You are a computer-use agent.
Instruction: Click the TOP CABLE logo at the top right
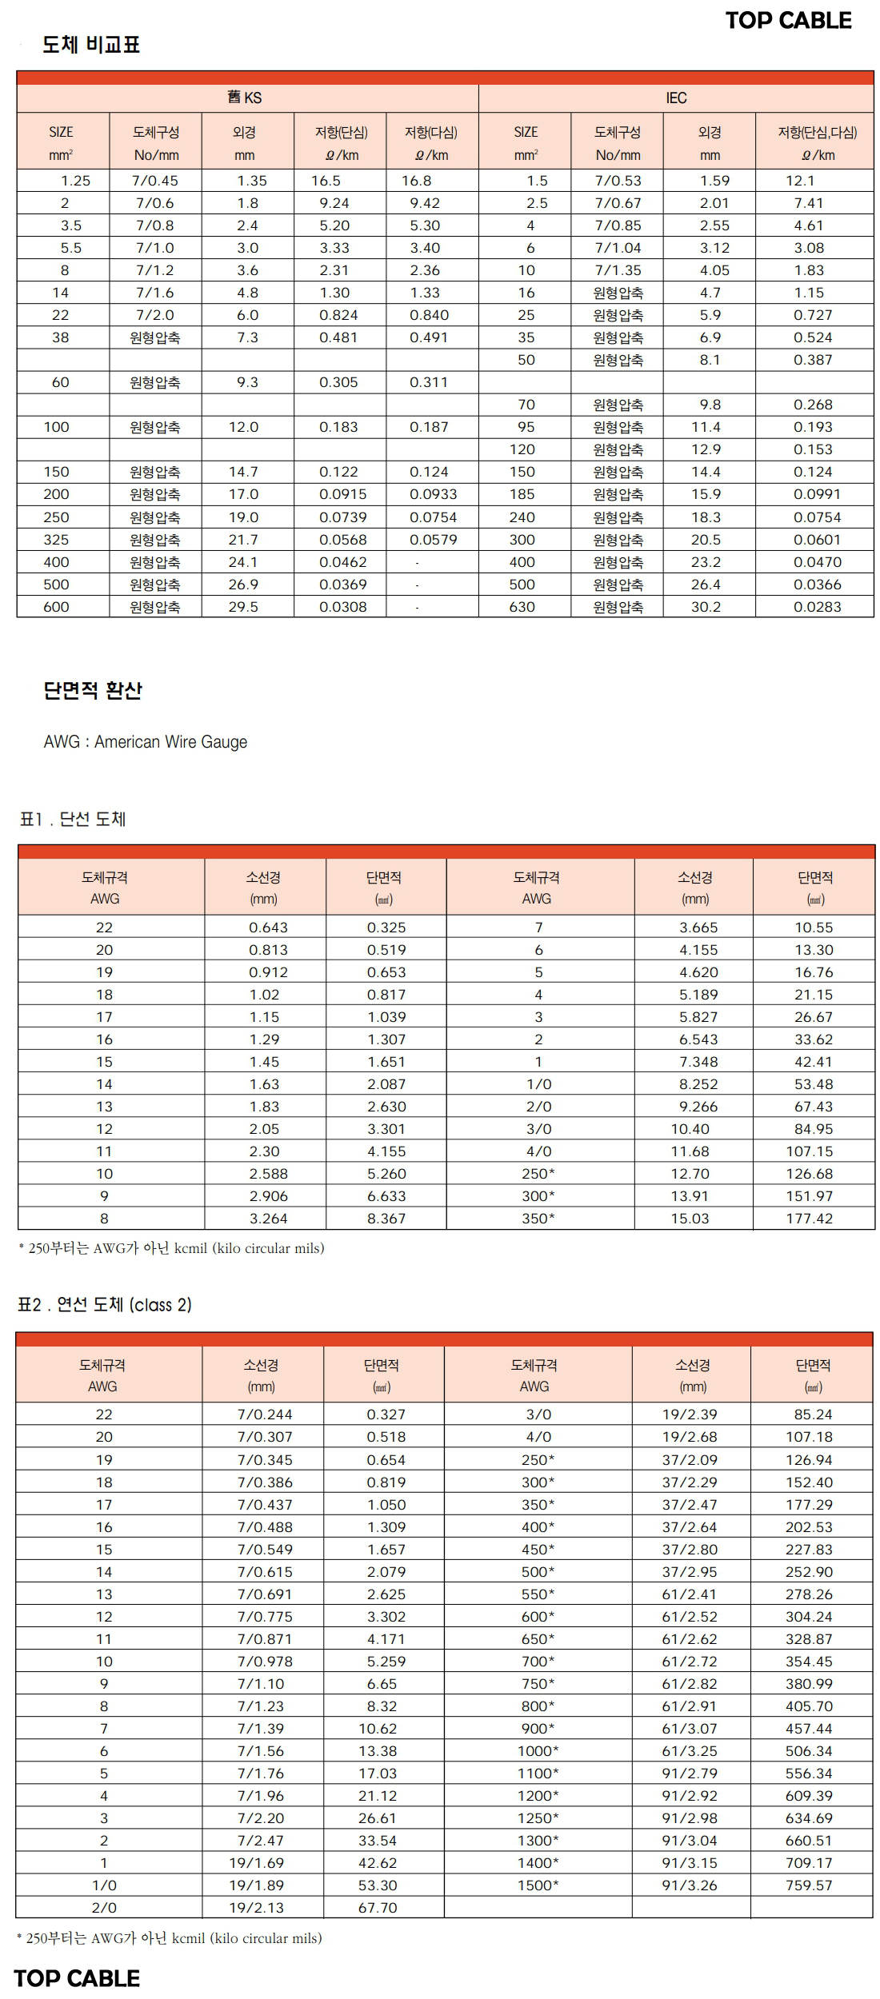pos(788,21)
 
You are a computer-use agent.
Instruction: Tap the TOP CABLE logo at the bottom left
pos(77,1978)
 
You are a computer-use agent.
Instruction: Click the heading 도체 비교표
pos(91,45)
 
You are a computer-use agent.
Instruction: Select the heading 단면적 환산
pos(93,690)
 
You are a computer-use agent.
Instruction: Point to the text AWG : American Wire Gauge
pos(146,742)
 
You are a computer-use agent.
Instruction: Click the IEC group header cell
pos(676,98)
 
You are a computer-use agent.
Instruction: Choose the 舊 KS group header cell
pos(245,98)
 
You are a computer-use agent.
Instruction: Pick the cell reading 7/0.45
pos(155,181)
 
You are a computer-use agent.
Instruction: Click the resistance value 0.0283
pos(817,607)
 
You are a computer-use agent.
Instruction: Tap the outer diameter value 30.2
pos(706,607)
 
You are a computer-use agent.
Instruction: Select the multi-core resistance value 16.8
pos(417,181)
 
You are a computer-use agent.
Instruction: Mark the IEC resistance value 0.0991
pos(817,494)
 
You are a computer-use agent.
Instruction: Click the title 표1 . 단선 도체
pos(73,819)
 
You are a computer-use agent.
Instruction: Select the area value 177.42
pos(809,1219)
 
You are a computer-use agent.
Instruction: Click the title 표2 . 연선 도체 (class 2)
pos(105,1305)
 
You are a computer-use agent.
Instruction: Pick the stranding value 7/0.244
pos(265,1414)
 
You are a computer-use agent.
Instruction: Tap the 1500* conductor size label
pos(538,1885)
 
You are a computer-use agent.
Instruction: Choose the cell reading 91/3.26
pos(690,1885)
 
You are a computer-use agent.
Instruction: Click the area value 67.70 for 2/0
pos(378,1907)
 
